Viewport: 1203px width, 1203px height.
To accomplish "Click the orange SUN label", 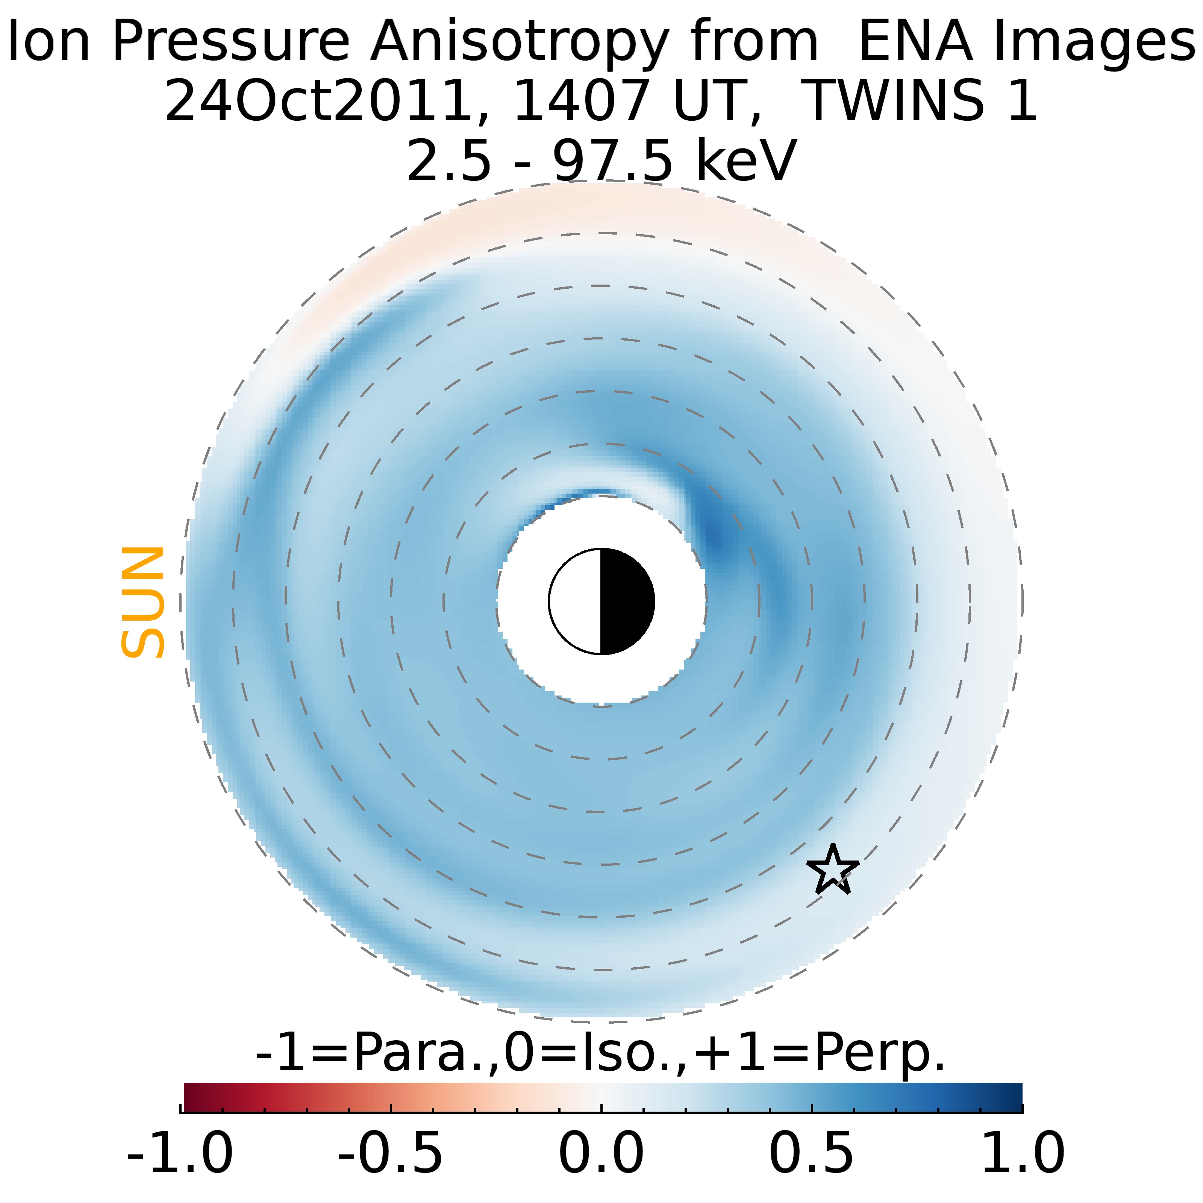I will point(142,602).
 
